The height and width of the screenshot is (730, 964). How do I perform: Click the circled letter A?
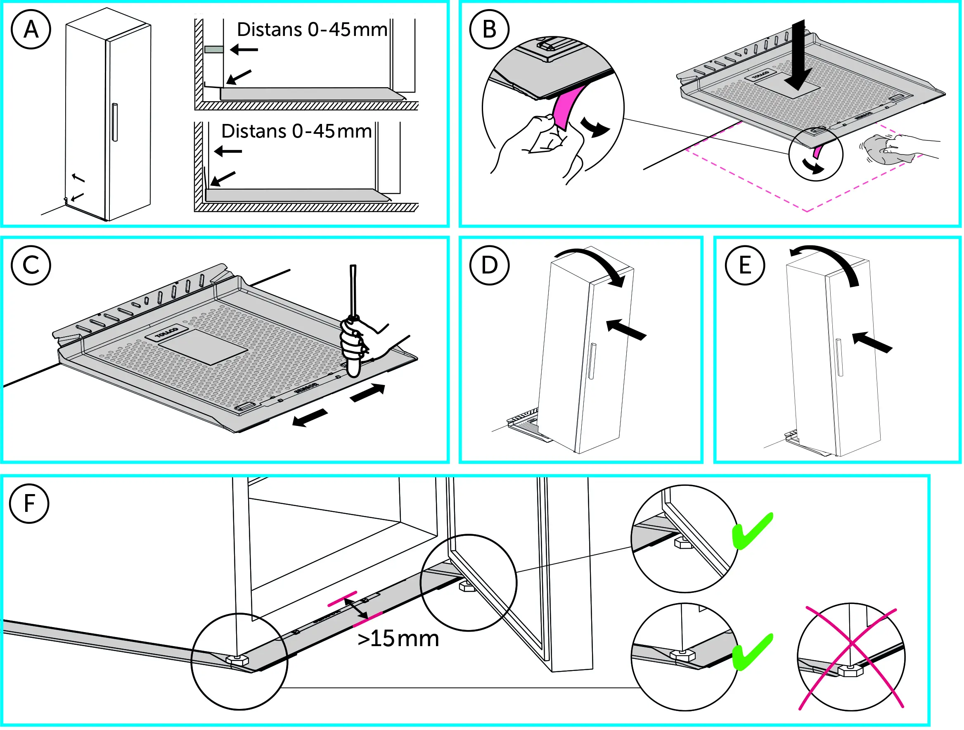(31, 30)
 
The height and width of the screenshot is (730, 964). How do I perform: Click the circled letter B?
(489, 30)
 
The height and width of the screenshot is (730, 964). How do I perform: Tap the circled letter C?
(31, 266)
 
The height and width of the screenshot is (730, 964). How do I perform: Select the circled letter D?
(489, 265)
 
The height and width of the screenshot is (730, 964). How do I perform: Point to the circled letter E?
(745, 265)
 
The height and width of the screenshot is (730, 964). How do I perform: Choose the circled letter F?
(29, 504)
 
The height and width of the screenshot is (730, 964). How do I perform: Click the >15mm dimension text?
(398, 639)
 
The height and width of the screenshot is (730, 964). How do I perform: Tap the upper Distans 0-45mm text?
(312, 30)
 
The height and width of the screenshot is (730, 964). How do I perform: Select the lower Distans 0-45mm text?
(296, 131)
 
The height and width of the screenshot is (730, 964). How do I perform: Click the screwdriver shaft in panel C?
(353, 290)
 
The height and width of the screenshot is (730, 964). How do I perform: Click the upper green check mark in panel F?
(752, 531)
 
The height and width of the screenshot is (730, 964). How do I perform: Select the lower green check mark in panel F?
(752, 652)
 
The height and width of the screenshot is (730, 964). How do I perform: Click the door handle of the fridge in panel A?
(115, 122)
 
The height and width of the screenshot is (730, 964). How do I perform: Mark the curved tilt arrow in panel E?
(828, 262)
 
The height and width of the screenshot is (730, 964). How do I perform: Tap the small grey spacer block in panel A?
(214, 49)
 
